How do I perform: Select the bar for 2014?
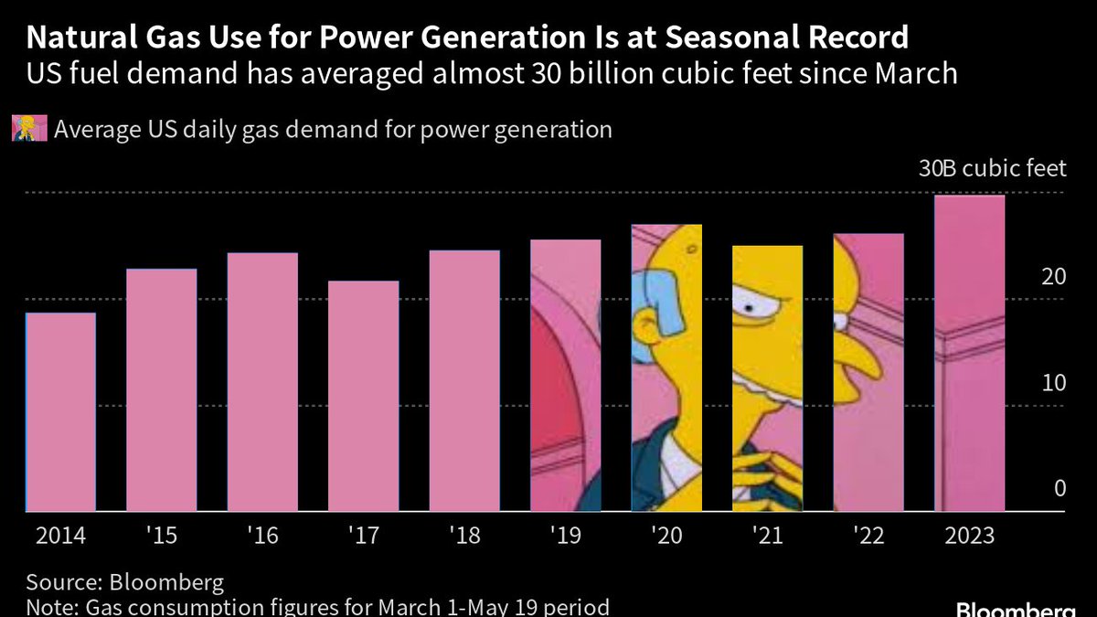tap(60, 411)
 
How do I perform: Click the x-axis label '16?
tap(261, 536)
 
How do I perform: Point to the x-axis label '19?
tap(565, 536)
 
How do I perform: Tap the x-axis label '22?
tap(868, 536)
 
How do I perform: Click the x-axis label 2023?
tap(969, 536)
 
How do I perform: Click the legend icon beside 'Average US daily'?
tap(29, 129)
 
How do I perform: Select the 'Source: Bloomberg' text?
tap(124, 583)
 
